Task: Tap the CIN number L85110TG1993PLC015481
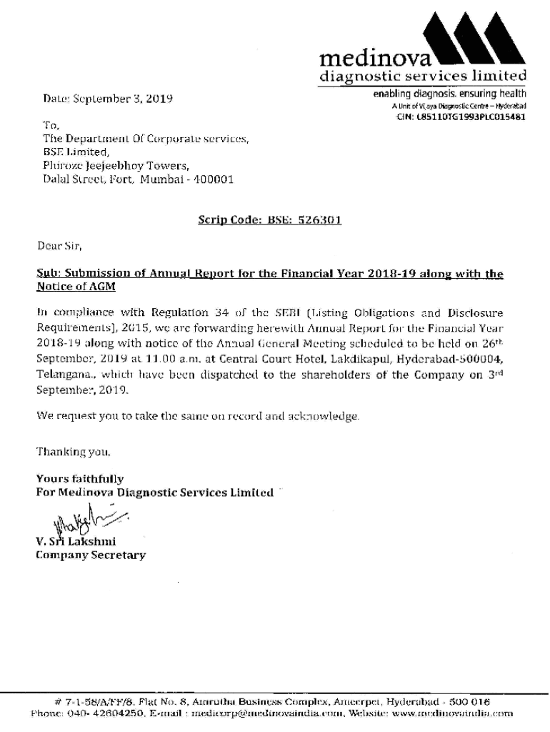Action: [x=471, y=117]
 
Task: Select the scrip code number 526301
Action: [x=320, y=221]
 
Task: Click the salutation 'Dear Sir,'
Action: [x=59, y=247]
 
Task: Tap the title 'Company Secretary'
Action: [x=91, y=555]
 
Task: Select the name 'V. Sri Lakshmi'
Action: [x=76, y=541]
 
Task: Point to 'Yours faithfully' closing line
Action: [x=79, y=479]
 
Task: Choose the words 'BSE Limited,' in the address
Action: [x=75, y=152]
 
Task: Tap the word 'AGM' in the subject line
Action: [x=101, y=287]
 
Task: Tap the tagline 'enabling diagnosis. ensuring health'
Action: [x=449, y=94]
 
